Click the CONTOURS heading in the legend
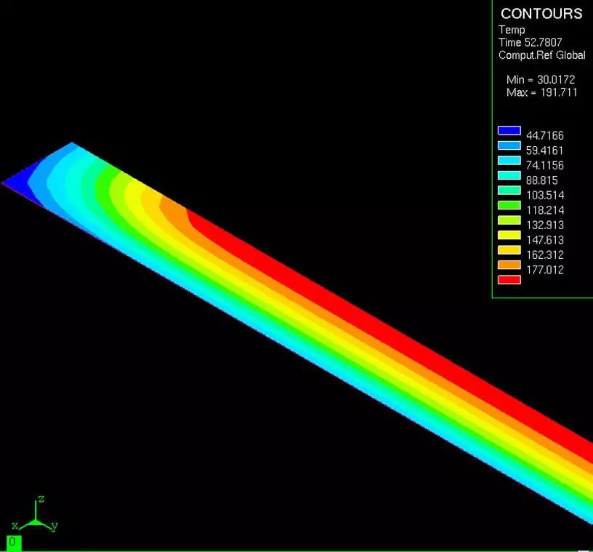[541, 14]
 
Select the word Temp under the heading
[512, 30]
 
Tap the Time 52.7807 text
[531, 42]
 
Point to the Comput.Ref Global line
[542, 55]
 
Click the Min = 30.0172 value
[541, 79]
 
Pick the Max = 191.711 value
[542, 92]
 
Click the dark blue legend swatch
[509, 131]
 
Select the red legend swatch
[509, 280]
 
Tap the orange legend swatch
[509, 265]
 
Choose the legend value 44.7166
[544, 135]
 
